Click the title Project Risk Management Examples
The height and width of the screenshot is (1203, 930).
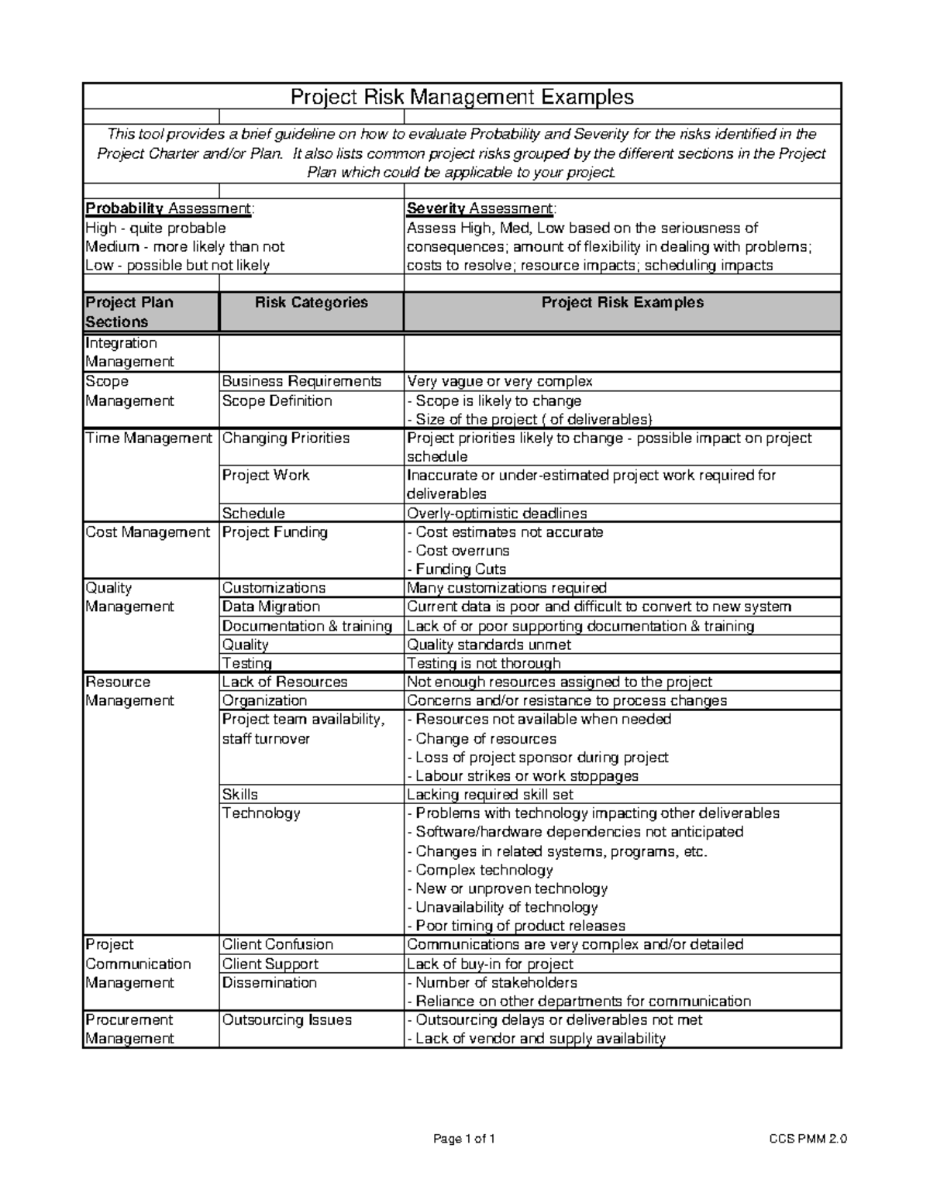tap(462, 97)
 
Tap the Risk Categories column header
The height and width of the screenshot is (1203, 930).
tap(311, 303)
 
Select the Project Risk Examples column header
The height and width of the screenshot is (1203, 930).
tap(622, 303)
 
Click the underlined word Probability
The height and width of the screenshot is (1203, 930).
tap(124, 209)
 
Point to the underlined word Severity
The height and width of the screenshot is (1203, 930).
tap(436, 209)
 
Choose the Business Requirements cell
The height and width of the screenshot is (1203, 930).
tap(301, 381)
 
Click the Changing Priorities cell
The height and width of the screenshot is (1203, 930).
tap(286, 438)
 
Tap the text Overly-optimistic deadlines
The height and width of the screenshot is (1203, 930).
tap(497, 514)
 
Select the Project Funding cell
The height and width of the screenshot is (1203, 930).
tap(275, 532)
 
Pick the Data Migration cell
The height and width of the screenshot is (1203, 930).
tap(270, 607)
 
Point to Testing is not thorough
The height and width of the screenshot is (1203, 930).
tap(484, 663)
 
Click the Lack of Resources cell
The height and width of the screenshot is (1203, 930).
tap(284, 682)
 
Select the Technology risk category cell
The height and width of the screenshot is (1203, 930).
tap(261, 813)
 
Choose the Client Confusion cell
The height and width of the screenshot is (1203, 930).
tap(277, 944)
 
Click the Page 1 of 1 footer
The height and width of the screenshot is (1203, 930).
tap(464, 1139)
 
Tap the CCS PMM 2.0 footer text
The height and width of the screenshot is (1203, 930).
tap(808, 1139)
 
